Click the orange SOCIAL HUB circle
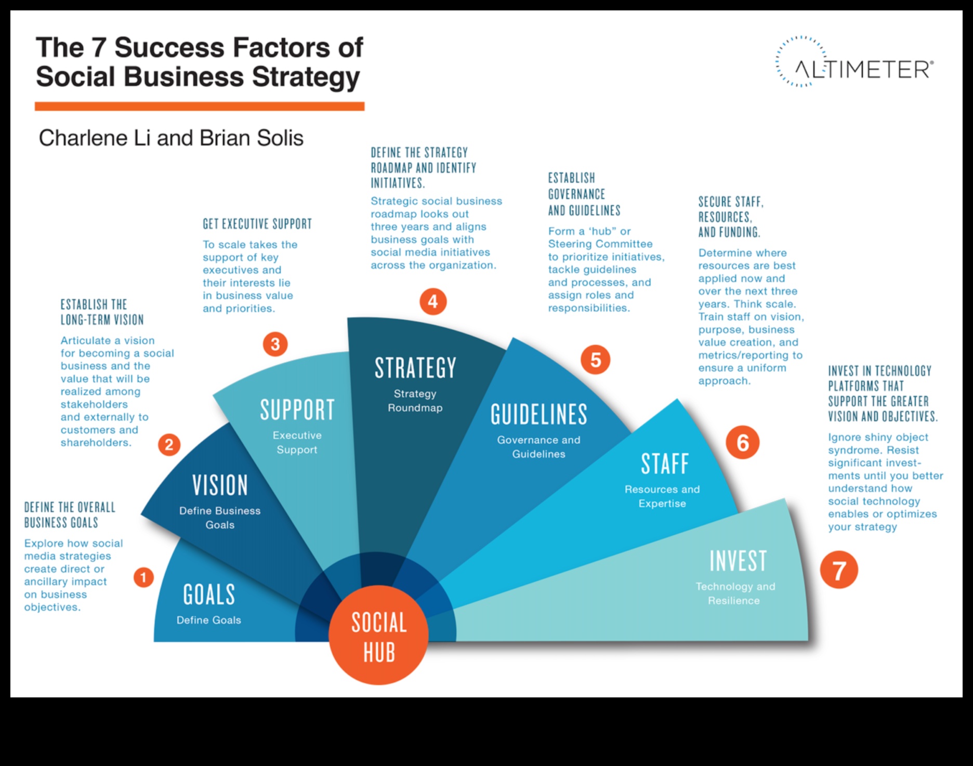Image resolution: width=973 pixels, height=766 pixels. pyautogui.click(x=378, y=635)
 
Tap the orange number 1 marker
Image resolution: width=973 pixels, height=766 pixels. pyautogui.click(x=143, y=577)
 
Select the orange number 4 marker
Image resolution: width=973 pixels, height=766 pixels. pyautogui.click(x=432, y=301)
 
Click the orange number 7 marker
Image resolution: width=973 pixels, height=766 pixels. pyautogui.click(x=839, y=570)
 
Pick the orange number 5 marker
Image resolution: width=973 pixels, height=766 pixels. pyautogui.click(x=596, y=360)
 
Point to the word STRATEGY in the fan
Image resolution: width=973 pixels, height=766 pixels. pyautogui.click(x=415, y=368)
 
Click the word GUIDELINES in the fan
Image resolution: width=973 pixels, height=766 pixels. pyautogui.click(x=539, y=415)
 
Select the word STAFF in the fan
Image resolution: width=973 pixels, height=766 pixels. pyautogui.click(x=665, y=464)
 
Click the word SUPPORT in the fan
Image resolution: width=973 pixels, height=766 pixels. pyautogui.click(x=297, y=410)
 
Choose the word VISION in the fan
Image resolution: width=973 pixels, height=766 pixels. pyautogui.click(x=220, y=485)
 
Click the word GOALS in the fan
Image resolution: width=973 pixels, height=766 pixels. pyautogui.click(x=209, y=595)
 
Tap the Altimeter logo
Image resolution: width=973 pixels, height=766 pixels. pyautogui.click(x=855, y=62)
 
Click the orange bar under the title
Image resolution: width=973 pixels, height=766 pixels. pyautogui.click(x=200, y=107)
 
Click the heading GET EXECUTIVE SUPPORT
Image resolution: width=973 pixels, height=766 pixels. pyautogui.click(x=257, y=224)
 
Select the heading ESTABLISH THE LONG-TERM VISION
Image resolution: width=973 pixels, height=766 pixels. pyautogui.click(x=102, y=312)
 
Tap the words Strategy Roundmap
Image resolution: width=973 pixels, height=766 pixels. pyautogui.click(x=415, y=401)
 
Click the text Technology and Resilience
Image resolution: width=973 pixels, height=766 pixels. pyautogui.click(x=735, y=593)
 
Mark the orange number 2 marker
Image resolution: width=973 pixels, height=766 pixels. pyautogui.click(x=169, y=444)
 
